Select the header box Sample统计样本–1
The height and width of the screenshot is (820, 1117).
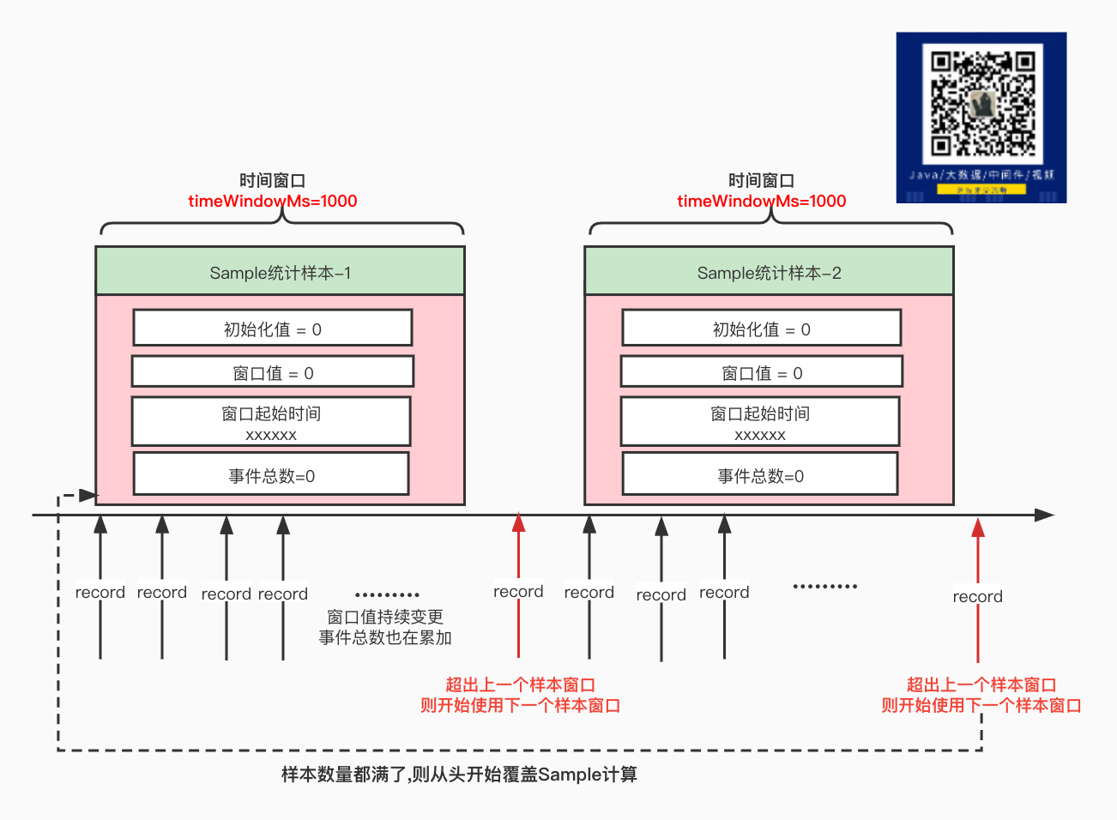[x=280, y=272]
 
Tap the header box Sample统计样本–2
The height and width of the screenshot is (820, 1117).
[x=769, y=272]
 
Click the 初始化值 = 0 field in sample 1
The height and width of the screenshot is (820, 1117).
[x=273, y=329]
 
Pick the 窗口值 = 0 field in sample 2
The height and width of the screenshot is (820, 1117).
[x=762, y=372]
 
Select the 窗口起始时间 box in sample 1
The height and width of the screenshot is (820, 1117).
[x=271, y=422]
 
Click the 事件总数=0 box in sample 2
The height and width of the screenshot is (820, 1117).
[x=760, y=475]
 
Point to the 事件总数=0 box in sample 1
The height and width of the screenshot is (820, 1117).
[x=271, y=475]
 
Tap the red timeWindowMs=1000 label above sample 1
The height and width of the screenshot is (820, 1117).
[x=273, y=202]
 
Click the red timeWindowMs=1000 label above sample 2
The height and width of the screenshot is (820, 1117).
[x=762, y=202]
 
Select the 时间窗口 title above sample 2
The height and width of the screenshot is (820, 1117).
[x=762, y=180]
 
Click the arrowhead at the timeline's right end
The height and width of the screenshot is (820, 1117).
[x=1044, y=516]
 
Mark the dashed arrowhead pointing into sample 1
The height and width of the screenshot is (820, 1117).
[x=88, y=495]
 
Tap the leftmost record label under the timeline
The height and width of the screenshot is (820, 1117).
[x=100, y=593]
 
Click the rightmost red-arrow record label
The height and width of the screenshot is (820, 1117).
[x=977, y=597]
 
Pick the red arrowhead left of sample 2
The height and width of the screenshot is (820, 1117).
[x=518, y=522]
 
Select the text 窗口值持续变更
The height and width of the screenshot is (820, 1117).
[x=385, y=617]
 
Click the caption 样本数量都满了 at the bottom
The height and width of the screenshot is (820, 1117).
[x=459, y=775]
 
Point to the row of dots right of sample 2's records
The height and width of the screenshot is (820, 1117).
[x=824, y=587]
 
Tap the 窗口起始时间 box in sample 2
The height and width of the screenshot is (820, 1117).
[x=760, y=422]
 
